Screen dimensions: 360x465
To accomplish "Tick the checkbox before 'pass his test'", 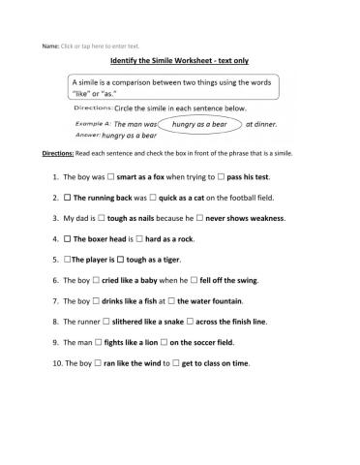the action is click(224, 178).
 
